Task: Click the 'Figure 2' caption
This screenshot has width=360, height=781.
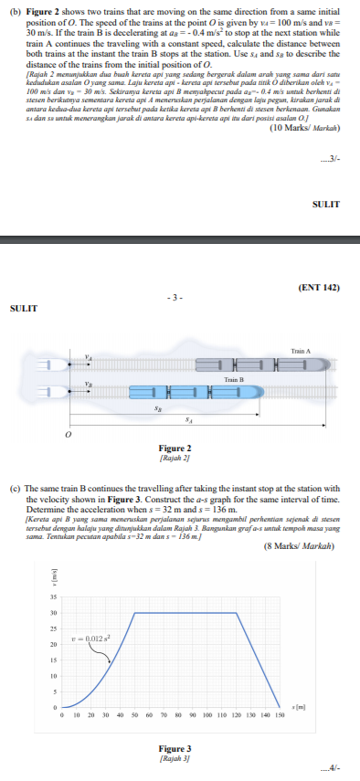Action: pos(175,448)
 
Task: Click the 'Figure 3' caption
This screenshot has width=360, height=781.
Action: pos(175,747)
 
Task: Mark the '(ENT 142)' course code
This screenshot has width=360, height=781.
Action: pos(318,287)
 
